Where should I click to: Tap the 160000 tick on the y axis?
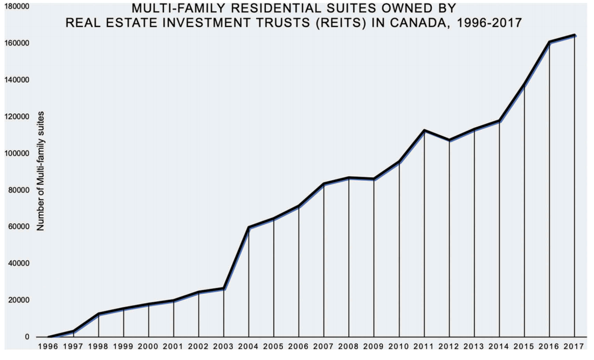pos(18,43)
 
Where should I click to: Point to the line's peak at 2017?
pos(575,36)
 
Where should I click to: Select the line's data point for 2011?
pos(424,130)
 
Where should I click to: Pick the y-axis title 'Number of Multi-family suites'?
pos(40,171)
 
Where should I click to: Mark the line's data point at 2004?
pos(248,227)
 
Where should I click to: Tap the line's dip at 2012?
pos(449,140)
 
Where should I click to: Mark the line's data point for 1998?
pos(98,314)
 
